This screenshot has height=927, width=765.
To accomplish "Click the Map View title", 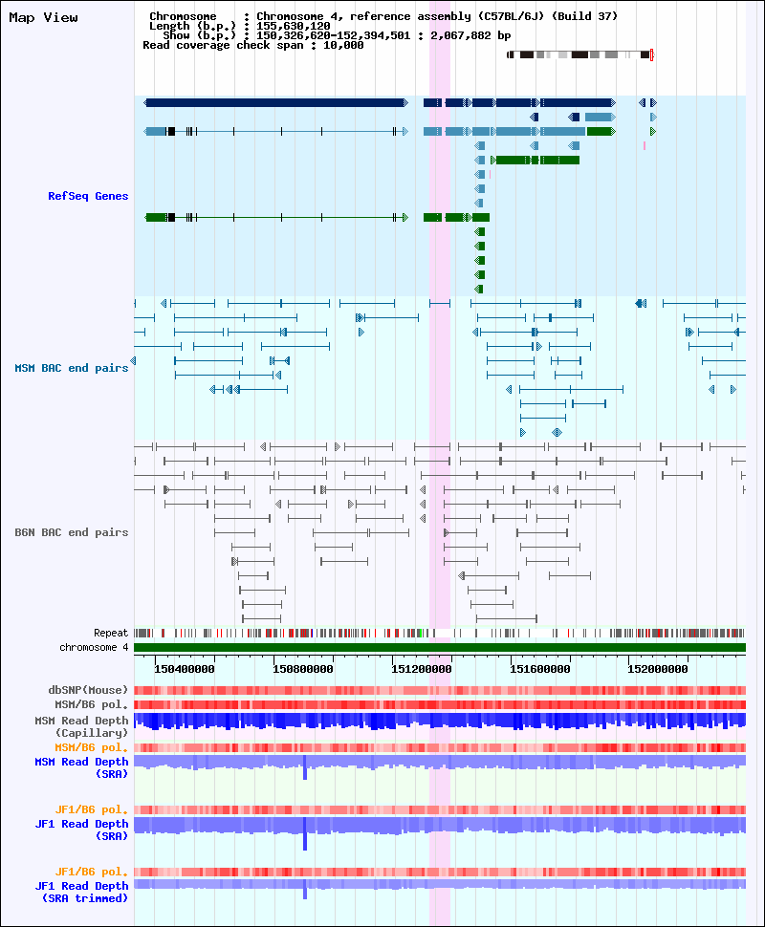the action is tap(43, 18).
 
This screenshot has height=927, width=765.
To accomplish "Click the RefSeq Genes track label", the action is tap(88, 196).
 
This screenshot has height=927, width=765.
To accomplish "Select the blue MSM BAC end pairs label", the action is tap(72, 368).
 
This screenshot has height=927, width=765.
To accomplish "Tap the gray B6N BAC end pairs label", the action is tap(72, 532).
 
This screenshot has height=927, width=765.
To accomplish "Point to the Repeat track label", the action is tap(111, 634).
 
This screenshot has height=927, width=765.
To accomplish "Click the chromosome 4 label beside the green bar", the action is tap(94, 647).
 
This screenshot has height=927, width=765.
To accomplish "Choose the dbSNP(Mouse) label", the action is tap(88, 690).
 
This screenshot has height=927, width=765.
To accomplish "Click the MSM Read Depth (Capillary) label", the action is tap(81, 726).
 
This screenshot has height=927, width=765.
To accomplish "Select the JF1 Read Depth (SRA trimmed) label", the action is tap(81, 893).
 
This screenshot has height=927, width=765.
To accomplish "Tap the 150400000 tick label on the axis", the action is tap(185, 669).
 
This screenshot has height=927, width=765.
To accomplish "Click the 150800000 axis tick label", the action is tap(303, 669).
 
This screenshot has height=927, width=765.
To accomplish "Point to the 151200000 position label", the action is tap(422, 669).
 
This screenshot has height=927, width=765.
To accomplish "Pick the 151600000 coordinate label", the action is tap(540, 669).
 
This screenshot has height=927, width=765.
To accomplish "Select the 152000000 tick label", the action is tap(658, 669).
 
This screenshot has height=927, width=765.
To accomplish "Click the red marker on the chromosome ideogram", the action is tap(651, 55).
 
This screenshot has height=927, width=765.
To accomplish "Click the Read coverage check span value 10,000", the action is tap(343, 46).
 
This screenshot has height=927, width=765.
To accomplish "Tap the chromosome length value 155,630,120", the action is tap(294, 26).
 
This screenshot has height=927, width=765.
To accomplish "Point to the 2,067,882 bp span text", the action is tap(470, 35).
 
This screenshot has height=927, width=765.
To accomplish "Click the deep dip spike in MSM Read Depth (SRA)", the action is tap(305, 768).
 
